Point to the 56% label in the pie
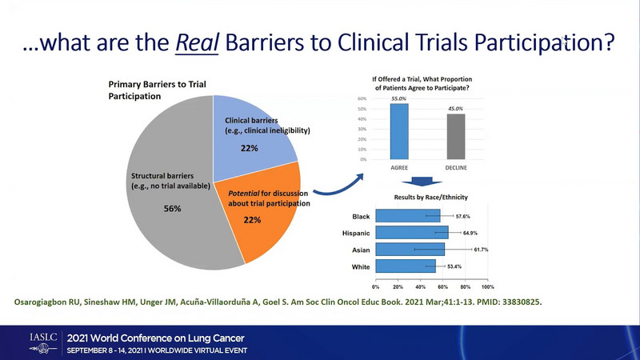171,209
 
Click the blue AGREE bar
398,131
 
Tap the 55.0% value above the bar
398,99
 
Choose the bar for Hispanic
412,233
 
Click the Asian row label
362,250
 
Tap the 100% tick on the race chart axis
488,286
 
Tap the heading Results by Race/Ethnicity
430,197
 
